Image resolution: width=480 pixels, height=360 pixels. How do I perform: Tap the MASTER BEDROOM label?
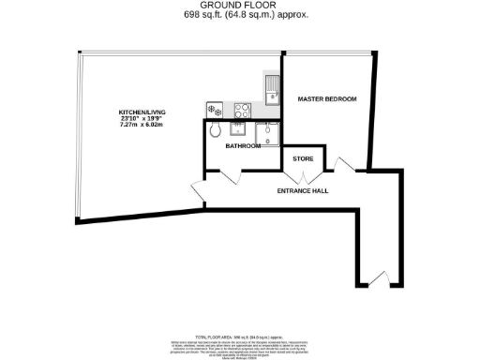pyautogui.click(x=327, y=98)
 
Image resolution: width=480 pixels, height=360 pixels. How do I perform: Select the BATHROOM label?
pyautogui.click(x=243, y=145)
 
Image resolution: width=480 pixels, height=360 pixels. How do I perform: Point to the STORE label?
pyautogui.click(x=303, y=159)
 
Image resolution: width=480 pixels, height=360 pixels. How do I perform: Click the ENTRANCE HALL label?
pyautogui.click(x=302, y=191)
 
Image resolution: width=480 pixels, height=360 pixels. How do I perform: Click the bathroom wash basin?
pyautogui.click(x=240, y=129)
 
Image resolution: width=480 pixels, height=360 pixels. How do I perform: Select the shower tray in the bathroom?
pyautogui.click(x=267, y=135)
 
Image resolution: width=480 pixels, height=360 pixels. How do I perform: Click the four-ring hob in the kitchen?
pyautogui.click(x=241, y=108)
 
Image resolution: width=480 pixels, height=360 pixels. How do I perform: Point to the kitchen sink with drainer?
pyautogui.click(x=271, y=91)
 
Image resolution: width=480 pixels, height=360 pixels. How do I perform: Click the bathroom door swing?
pyautogui.click(x=227, y=176)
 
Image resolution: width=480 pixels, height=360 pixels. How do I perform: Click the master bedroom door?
pyautogui.click(x=345, y=167)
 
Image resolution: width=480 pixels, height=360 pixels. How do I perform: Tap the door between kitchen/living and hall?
pyautogui.click(x=200, y=188)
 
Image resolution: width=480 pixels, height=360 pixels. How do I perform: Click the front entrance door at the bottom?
pyautogui.click(x=376, y=277)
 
